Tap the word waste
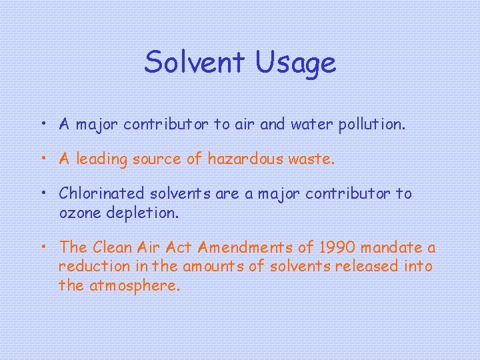[x=315, y=159]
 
